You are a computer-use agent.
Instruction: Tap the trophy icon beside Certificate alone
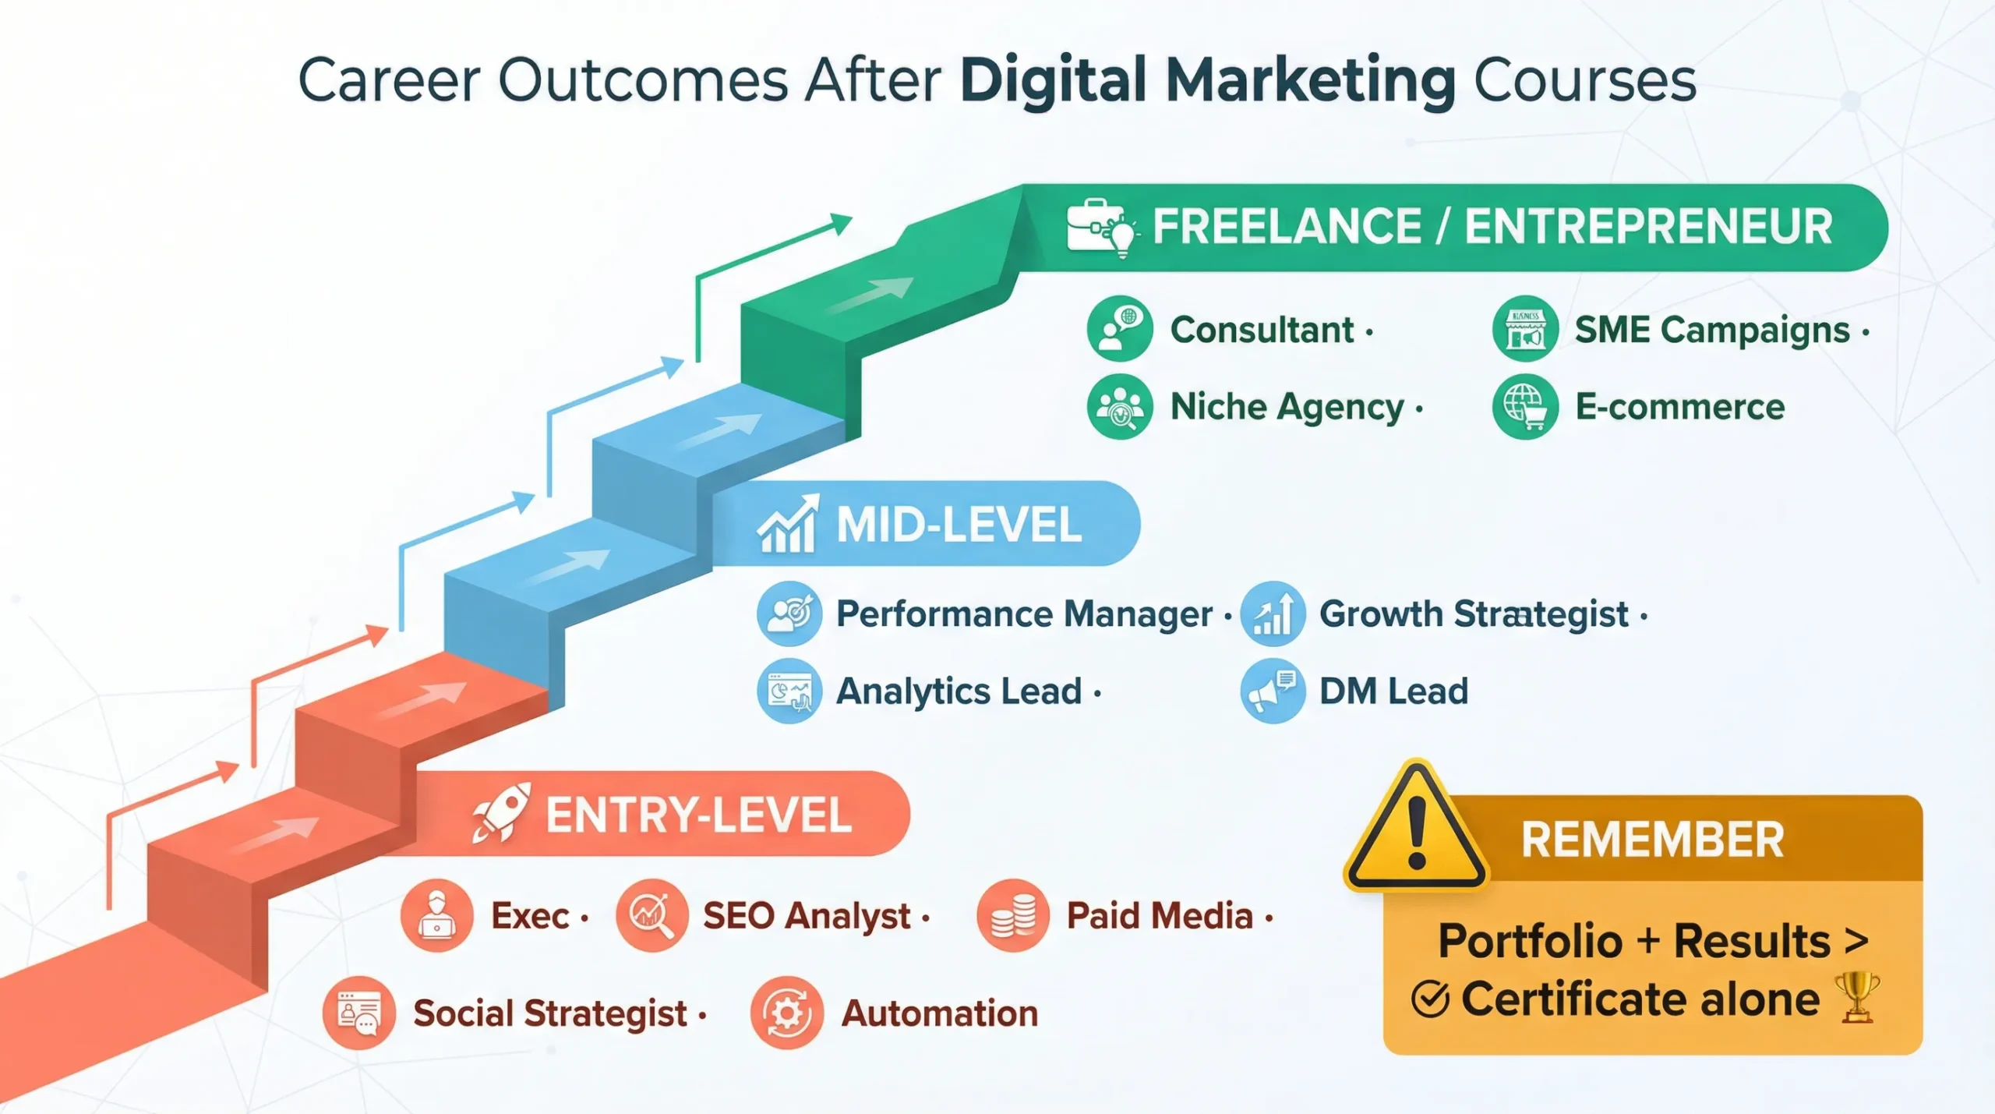click(1858, 997)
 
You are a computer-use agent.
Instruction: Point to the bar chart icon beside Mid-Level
click(788, 524)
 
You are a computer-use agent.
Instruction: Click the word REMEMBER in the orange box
click(1652, 840)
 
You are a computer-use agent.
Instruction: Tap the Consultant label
click(1262, 330)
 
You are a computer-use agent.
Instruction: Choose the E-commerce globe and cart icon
click(1525, 406)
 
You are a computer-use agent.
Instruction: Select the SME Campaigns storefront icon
click(1525, 329)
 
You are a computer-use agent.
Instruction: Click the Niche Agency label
click(1287, 407)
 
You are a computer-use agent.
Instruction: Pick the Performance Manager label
click(1024, 614)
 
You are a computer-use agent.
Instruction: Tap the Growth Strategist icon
click(1273, 614)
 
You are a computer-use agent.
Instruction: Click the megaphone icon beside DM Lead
click(1273, 691)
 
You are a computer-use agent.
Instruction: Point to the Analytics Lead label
click(959, 691)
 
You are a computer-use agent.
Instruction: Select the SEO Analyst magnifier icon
click(651, 915)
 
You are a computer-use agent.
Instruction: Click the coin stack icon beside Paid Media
click(1012, 915)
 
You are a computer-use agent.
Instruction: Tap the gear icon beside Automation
click(786, 1013)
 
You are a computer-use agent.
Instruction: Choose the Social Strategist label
click(549, 1013)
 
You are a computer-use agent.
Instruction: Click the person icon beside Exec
click(436, 915)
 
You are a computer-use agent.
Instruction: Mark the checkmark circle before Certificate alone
click(1430, 999)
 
